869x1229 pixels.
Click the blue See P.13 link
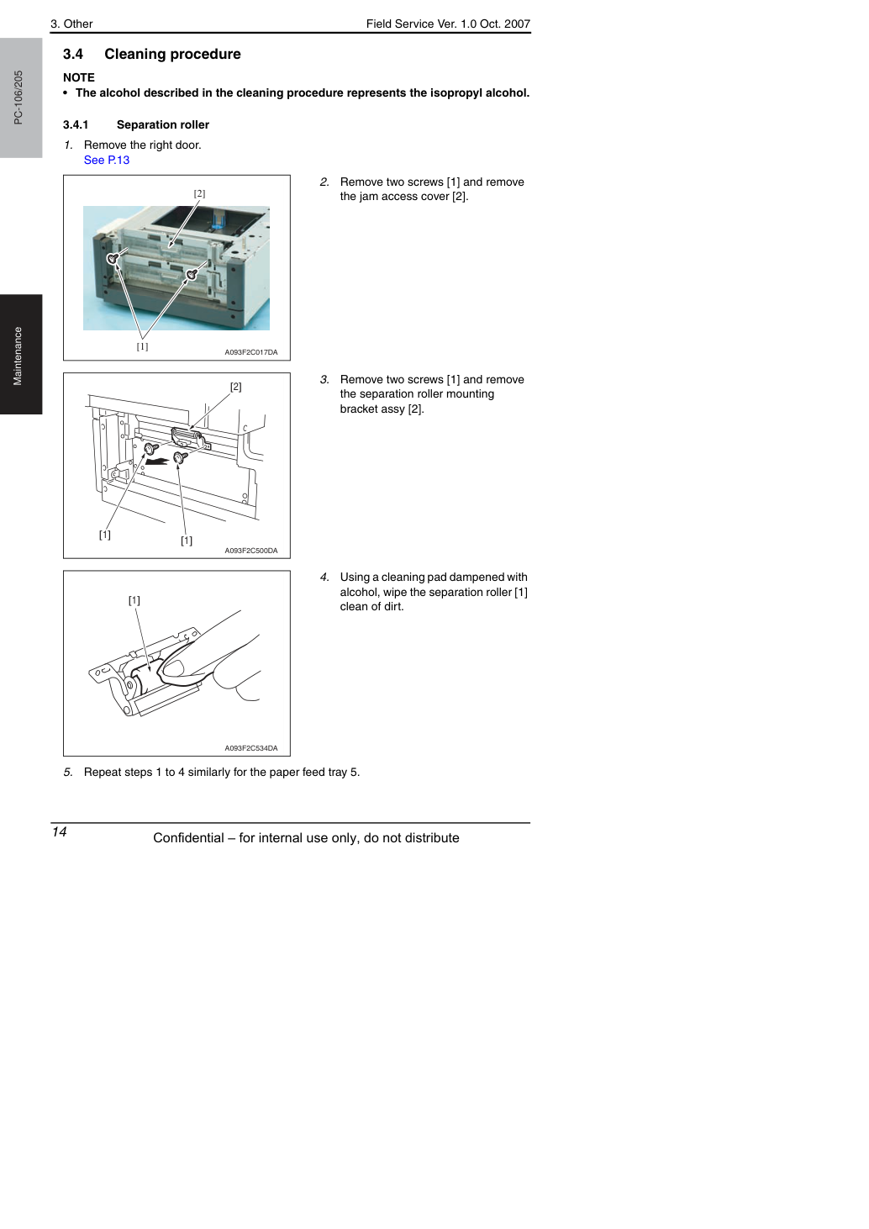click(x=107, y=161)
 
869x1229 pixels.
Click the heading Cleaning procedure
click(x=172, y=55)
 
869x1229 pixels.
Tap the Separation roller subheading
click(x=163, y=125)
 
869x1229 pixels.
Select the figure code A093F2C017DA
click(x=251, y=352)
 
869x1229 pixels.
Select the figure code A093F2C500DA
click(x=251, y=551)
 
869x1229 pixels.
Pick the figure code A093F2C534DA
click(x=251, y=748)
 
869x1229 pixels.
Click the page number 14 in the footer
click(x=59, y=831)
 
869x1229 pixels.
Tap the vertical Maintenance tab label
click(x=18, y=356)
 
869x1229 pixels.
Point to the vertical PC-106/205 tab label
click(x=18, y=98)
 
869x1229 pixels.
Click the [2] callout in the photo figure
click(x=199, y=193)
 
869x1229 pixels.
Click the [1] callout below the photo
click(x=142, y=346)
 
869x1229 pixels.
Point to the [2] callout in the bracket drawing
click(x=236, y=387)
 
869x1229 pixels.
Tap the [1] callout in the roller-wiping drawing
click(x=134, y=600)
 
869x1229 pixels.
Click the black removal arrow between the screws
click(x=157, y=462)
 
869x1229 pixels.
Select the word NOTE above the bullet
click(x=79, y=78)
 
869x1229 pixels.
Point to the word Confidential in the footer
click(x=188, y=838)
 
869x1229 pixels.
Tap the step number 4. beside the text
click(x=324, y=578)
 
